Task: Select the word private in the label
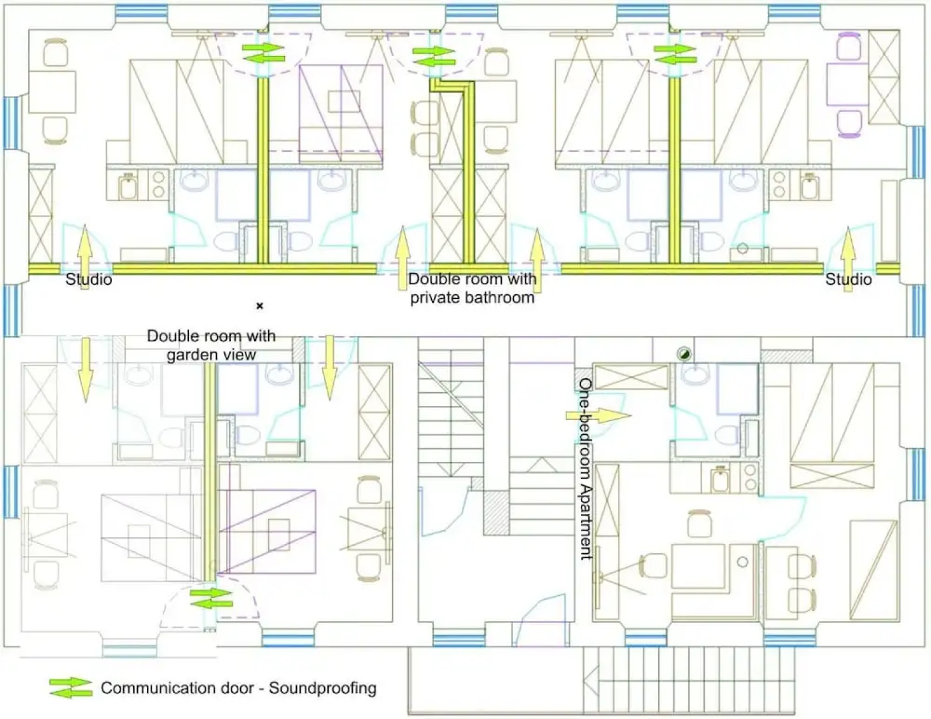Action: coord(438,298)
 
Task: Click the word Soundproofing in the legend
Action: coord(322,688)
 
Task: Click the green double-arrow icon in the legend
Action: coord(71,688)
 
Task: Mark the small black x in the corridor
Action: coord(260,306)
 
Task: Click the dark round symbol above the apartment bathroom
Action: coord(683,354)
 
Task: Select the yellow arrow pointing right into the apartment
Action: coord(598,416)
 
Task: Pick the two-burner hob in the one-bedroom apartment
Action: coord(750,477)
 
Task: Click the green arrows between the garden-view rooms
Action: coord(211,598)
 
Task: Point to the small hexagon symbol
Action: coord(743,250)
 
